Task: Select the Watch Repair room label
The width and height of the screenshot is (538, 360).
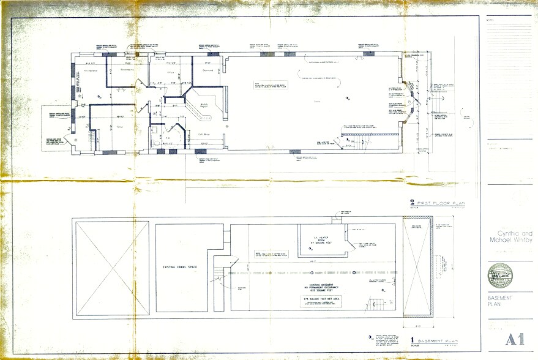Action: pos(204,105)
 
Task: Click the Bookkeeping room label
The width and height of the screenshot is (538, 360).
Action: pos(126,70)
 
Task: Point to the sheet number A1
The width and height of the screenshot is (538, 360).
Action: pos(511,339)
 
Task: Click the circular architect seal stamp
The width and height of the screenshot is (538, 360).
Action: pos(500,276)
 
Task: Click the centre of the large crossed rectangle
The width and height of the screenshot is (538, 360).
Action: pos(111,268)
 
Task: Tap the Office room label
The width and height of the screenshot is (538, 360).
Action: pos(172,72)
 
